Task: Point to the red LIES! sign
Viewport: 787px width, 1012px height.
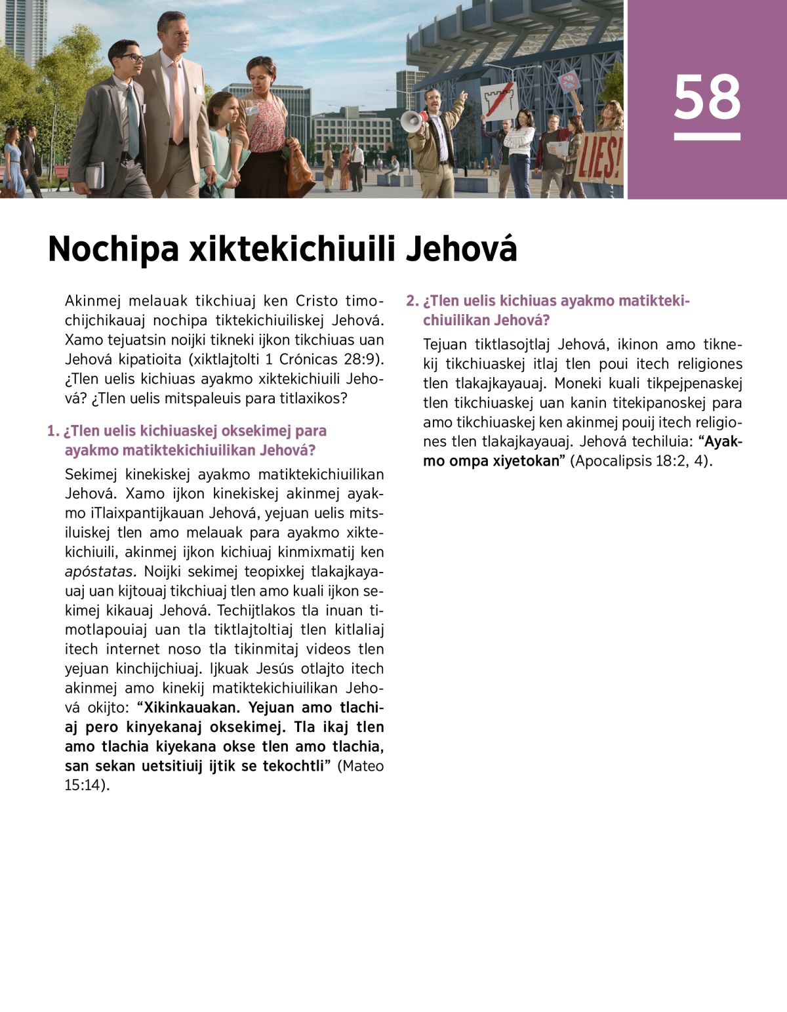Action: pos(599,158)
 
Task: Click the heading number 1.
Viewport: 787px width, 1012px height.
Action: pos(52,431)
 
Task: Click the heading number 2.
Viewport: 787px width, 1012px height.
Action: pos(411,301)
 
